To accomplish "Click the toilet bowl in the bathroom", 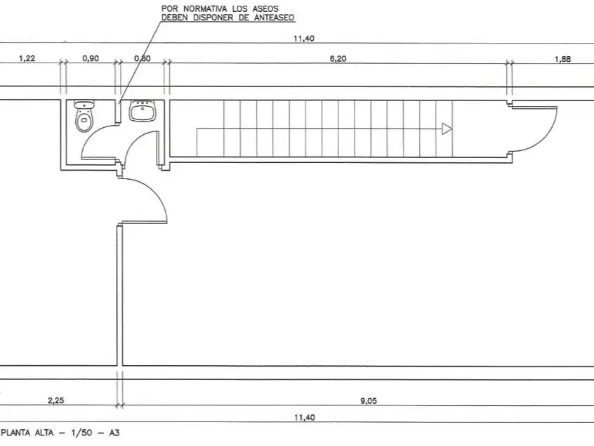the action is pyautogui.click(x=84, y=121).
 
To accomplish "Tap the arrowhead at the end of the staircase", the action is pyautogui.click(x=447, y=129).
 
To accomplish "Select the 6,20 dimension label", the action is pyautogui.click(x=338, y=59).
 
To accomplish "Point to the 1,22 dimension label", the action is pyautogui.click(x=27, y=58).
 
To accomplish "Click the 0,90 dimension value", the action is pyautogui.click(x=91, y=58).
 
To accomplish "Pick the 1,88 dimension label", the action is pyautogui.click(x=562, y=59).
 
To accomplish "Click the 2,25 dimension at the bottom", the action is pyautogui.click(x=55, y=400).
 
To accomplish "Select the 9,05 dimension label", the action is pyautogui.click(x=368, y=401).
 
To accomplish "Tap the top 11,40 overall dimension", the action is pyautogui.click(x=304, y=38).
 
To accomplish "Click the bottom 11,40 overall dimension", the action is pyautogui.click(x=304, y=418).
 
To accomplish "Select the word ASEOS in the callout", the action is pyautogui.click(x=265, y=8).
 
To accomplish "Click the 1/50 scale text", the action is pyautogui.click(x=81, y=433).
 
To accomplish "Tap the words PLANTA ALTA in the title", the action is pyautogui.click(x=27, y=433).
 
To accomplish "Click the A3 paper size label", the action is pyautogui.click(x=114, y=433).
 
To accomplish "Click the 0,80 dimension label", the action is pyautogui.click(x=143, y=58).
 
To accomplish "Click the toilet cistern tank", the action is pyautogui.click(x=84, y=104).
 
